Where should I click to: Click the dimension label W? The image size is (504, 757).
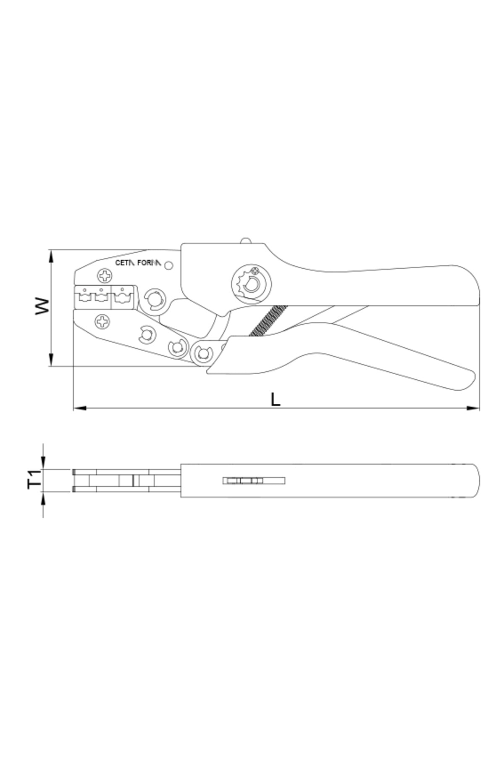[x=42, y=306]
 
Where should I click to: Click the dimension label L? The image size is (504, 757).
[x=275, y=400]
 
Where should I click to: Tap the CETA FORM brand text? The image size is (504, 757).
[x=138, y=263]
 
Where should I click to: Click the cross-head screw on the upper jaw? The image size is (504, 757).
[x=105, y=276]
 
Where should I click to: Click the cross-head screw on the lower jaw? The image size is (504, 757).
[x=102, y=322]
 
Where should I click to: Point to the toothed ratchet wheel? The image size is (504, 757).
[x=251, y=285]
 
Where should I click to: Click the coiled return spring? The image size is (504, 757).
[x=268, y=320]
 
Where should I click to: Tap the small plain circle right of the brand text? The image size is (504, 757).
[x=169, y=265]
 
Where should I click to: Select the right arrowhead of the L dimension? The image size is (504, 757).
[x=473, y=408]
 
